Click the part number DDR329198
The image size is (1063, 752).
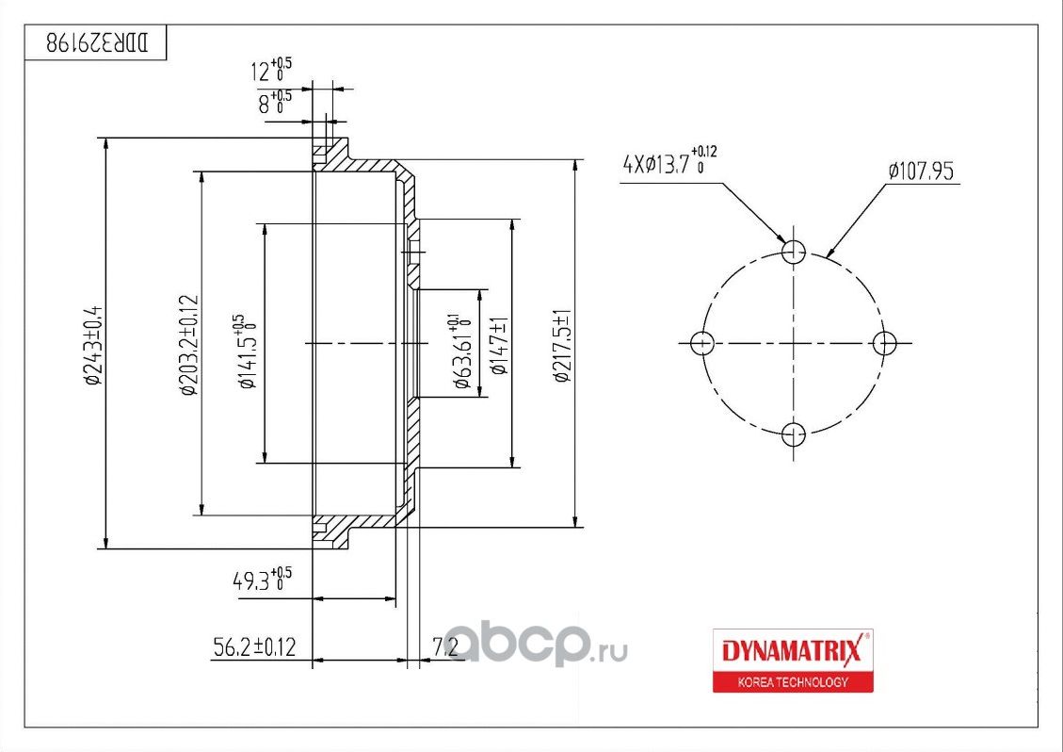98,43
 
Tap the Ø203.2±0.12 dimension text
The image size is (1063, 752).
188,345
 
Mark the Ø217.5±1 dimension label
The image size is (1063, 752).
564,345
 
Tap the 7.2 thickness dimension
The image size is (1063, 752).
444,647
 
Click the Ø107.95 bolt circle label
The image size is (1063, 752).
921,171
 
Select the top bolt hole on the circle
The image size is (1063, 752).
795,251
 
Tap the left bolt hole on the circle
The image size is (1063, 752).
701,343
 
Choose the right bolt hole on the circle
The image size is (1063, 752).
884,343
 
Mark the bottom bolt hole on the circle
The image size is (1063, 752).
795,434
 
